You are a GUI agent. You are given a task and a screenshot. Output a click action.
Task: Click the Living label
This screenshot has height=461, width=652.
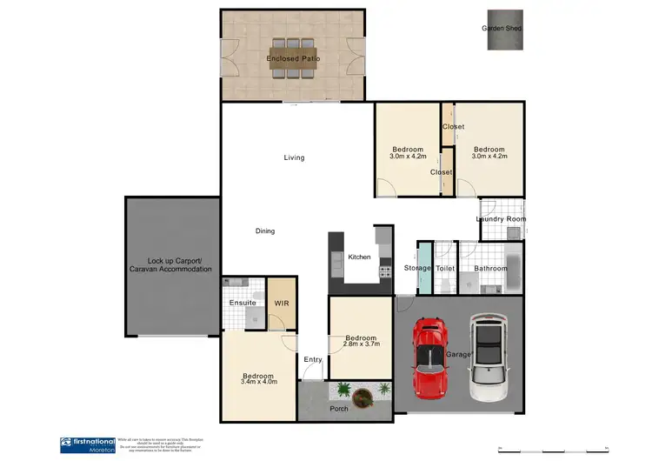294,157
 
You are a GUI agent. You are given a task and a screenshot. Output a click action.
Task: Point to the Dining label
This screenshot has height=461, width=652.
265,230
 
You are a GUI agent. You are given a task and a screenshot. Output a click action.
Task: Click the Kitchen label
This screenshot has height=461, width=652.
359,257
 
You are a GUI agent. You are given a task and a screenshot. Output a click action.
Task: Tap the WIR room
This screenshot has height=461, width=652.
281,304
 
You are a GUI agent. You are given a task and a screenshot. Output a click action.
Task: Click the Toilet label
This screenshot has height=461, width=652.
445,269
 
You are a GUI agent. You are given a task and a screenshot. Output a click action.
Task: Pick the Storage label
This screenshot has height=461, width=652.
417,269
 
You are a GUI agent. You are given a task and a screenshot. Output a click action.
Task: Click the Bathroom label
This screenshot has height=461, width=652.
490,269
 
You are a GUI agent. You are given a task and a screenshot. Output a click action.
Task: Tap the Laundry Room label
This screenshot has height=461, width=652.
502,219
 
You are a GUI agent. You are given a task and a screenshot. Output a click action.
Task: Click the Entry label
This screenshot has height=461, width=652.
312,359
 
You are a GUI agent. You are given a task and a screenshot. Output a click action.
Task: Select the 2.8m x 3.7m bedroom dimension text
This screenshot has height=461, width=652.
360,345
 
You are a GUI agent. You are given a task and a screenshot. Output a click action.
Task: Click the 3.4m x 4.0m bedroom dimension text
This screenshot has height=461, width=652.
258,380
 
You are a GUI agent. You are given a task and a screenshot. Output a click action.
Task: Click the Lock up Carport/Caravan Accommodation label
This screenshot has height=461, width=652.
174,265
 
